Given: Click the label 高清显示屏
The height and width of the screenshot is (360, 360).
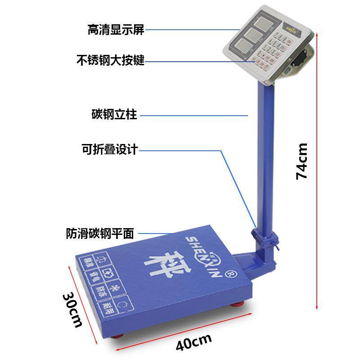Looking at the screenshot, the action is point(116,30).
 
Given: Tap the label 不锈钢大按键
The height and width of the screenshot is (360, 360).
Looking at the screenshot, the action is point(110,60).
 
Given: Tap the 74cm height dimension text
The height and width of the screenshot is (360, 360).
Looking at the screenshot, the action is point(302,161).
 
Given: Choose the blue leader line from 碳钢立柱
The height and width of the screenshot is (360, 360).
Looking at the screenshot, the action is point(193,115).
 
